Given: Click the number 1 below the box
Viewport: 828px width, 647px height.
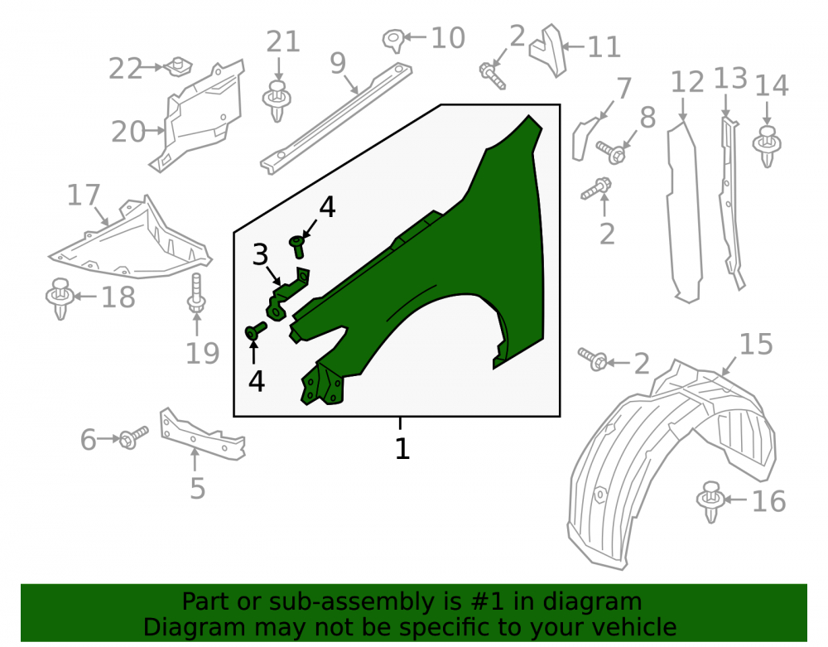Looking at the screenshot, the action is pyautogui.click(x=402, y=448).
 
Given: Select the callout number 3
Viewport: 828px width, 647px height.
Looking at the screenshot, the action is pyautogui.click(x=260, y=254).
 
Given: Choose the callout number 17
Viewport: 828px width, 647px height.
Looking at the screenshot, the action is pyautogui.click(x=84, y=195).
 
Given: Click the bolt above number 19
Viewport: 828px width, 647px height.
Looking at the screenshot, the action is pyautogui.click(x=196, y=293).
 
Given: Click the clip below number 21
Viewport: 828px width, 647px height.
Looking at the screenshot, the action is pyautogui.click(x=277, y=100).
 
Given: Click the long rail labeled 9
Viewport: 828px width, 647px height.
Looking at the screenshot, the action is pyautogui.click(x=336, y=119).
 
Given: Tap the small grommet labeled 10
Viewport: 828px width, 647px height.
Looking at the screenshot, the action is pyautogui.click(x=393, y=40).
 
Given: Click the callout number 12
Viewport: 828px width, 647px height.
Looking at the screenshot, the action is pyautogui.click(x=687, y=82).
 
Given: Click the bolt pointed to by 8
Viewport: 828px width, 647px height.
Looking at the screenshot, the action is pyautogui.click(x=612, y=152).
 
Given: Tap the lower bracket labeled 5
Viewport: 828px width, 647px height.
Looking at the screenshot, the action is pyautogui.click(x=202, y=434).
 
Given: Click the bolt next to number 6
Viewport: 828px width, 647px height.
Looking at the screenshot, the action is pyautogui.click(x=133, y=437).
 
